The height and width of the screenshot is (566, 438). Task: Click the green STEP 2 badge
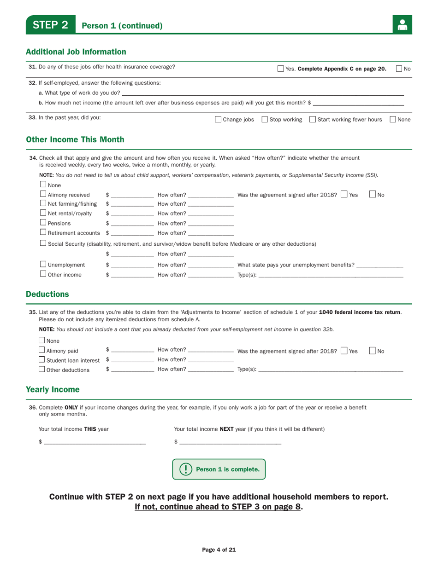(50, 25)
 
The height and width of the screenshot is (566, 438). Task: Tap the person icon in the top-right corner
(402, 25)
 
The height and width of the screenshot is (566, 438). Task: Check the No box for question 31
(399, 69)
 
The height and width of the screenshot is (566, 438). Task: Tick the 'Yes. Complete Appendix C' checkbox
(281, 69)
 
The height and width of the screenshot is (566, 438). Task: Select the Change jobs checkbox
(219, 120)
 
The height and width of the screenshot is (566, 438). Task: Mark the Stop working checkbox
(265, 120)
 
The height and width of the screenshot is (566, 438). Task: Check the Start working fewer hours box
(313, 120)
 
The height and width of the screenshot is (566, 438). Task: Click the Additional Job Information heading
(76, 52)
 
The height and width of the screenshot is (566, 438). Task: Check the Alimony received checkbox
(43, 194)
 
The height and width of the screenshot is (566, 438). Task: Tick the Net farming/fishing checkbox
(43, 203)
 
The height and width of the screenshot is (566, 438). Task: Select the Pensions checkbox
(43, 223)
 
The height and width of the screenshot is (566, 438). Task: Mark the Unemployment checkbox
(43, 264)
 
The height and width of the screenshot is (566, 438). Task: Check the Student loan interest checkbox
(42, 359)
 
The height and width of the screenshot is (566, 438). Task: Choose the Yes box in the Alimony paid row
(344, 351)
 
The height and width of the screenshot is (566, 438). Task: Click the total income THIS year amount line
(95, 443)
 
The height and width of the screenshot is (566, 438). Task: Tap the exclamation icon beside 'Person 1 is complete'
(185, 469)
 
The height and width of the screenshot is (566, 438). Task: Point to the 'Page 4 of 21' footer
(219, 549)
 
